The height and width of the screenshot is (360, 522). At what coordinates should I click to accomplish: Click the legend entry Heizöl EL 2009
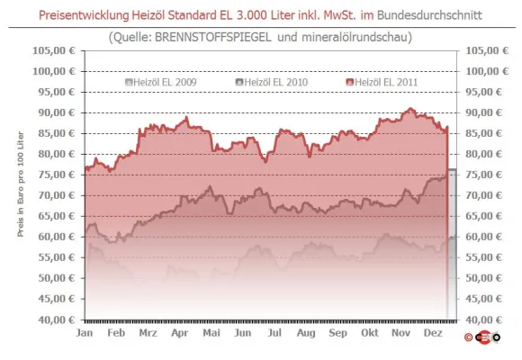click(x=161, y=82)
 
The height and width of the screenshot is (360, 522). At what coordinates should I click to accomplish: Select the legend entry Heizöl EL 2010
click(x=272, y=82)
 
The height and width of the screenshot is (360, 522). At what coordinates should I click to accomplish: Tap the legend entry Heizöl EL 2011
click(x=382, y=82)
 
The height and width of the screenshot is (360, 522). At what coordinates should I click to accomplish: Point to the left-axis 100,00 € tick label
click(x=54, y=71)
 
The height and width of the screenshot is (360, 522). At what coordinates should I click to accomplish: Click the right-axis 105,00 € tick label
click(x=487, y=50)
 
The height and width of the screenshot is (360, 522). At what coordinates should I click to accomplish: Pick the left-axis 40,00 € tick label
click(x=57, y=319)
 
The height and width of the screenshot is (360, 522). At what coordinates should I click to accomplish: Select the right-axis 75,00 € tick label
click(x=483, y=175)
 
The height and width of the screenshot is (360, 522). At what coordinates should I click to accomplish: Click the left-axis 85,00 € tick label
click(x=57, y=133)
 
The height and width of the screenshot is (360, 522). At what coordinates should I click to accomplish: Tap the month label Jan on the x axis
click(x=85, y=333)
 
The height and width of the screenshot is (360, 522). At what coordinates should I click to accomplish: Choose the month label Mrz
click(x=148, y=333)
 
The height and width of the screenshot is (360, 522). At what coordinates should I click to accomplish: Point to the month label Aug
click(x=306, y=333)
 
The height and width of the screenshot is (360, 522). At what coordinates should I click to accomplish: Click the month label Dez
click(x=433, y=333)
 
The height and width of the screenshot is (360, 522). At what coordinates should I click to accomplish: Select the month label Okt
click(x=370, y=333)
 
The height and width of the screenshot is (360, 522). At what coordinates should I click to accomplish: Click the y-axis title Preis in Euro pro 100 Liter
click(x=21, y=184)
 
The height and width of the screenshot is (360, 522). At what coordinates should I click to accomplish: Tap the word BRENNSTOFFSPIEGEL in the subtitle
click(x=213, y=37)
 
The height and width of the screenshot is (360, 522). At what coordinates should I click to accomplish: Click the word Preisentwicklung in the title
click(x=84, y=15)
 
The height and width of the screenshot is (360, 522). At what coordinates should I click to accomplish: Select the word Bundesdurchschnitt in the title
click(x=429, y=15)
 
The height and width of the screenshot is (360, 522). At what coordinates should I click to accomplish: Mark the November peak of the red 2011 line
click(x=410, y=108)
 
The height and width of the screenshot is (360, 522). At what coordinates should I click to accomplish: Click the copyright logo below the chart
click(x=482, y=337)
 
